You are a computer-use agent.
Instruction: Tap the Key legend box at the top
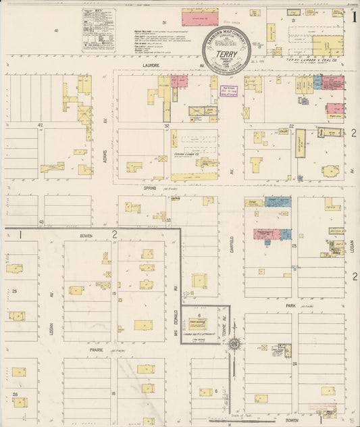tap(99, 30)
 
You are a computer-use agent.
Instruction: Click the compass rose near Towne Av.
tap(234, 345)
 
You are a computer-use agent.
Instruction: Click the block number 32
tap(165, 126)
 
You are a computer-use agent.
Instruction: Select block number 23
tap(294, 246)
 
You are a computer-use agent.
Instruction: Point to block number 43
tap(41, 221)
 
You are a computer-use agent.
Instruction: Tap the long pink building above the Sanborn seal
tap(200, 18)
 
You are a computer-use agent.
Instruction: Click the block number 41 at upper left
tap(57, 31)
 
